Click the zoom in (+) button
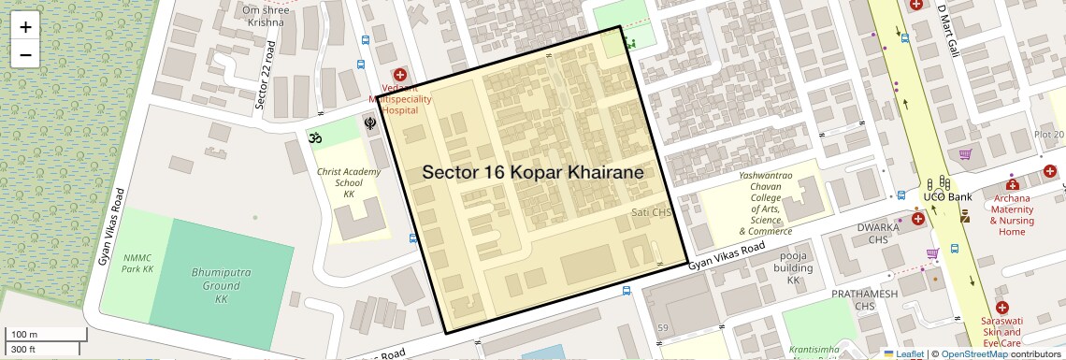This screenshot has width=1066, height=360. coord(25,27)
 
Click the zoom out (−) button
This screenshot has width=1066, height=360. coord(25,54)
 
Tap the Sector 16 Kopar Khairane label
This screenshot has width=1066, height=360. coord(533,173)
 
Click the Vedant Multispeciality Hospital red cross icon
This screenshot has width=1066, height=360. coord(400,74)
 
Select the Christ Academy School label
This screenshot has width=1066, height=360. coord(349,182)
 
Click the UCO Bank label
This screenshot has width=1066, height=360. coord(946,197)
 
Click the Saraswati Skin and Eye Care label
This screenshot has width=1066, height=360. coord(1002,332)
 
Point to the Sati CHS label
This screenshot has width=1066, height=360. coord(652,213)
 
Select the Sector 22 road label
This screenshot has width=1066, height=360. coord(263,78)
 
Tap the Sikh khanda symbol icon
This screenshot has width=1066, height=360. coord(370,122)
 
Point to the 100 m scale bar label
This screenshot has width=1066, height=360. coord(24,335)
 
